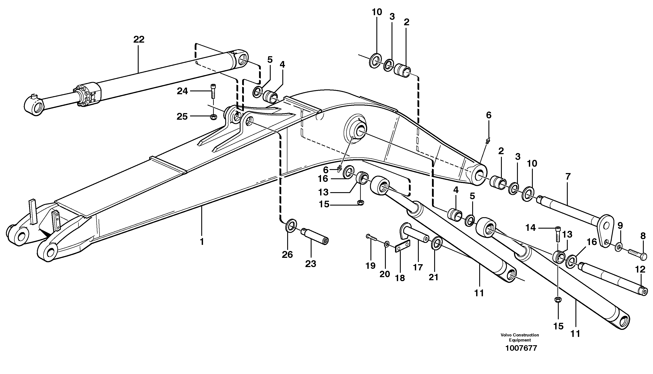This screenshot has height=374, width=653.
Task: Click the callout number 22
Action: (x=139, y=40)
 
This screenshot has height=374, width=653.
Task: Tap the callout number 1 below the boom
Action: (x=202, y=242)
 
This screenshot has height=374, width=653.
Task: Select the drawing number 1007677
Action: (x=521, y=348)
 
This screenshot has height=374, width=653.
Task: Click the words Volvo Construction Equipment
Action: (x=520, y=337)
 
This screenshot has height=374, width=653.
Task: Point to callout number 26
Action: (x=287, y=255)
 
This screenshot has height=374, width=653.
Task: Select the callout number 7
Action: (x=568, y=177)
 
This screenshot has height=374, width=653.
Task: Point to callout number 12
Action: (x=640, y=269)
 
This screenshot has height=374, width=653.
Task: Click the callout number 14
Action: (x=530, y=228)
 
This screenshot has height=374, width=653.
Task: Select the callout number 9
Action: (x=620, y=226)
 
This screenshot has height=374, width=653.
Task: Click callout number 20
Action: (x=385, y=274)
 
